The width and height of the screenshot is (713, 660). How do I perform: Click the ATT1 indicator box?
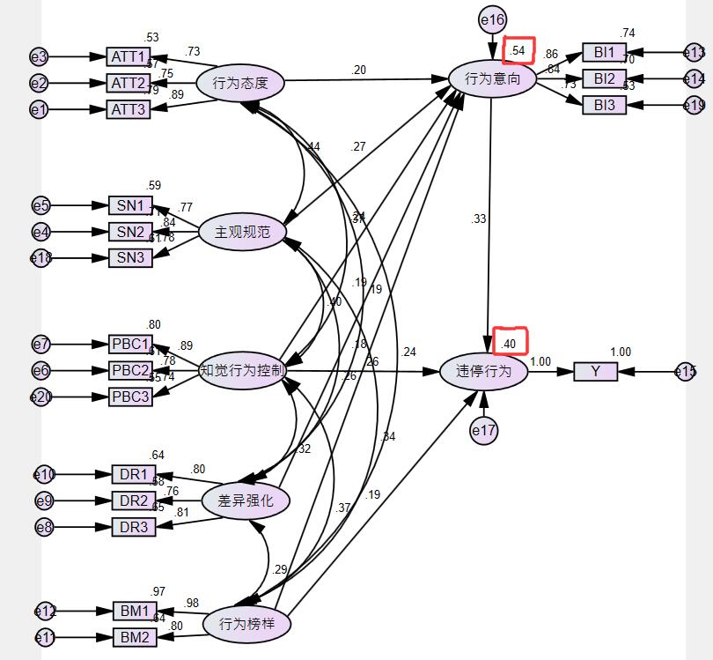coord(129,57)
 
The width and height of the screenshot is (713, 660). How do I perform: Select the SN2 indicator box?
coord(130,232)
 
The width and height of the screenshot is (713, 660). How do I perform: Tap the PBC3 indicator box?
coord(130,397)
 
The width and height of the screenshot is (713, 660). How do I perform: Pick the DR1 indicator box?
coord(134,474)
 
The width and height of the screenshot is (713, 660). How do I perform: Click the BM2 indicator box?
coord(135,637)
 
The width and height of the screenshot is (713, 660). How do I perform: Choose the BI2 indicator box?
coord(604,78)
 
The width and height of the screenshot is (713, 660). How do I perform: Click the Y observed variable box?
coord(595,372)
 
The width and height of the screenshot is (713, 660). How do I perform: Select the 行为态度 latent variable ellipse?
coord(239,85)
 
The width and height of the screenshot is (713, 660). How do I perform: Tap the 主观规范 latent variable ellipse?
coord(241,232)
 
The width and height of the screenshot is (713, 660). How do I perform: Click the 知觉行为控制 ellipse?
coord(241,371)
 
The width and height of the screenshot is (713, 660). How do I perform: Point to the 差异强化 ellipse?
coord(246,501)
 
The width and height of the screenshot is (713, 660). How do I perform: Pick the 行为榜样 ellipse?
coord(246,624)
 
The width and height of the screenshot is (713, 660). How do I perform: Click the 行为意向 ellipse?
coord(492,79)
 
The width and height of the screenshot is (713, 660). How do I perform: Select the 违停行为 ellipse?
coord(483,371)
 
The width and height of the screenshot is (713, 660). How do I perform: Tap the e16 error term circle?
coord(492,19)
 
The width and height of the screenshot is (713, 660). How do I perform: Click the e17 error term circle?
coord(483,430)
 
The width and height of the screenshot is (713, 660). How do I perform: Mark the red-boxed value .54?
coord(518,51)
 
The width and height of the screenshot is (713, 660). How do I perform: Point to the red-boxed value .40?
coord(509,342)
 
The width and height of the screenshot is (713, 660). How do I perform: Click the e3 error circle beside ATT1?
coord(39,57)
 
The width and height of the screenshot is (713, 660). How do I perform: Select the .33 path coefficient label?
coord(479,219)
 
